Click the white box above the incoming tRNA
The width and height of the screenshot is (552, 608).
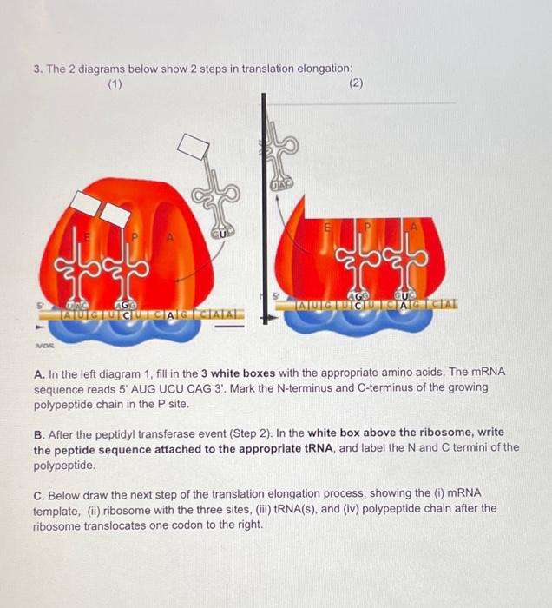195,148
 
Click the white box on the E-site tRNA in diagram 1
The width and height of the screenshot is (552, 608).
85,203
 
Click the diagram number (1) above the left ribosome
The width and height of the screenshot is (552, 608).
114,84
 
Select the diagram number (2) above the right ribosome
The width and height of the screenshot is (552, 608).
355,84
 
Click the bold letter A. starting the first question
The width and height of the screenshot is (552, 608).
37,372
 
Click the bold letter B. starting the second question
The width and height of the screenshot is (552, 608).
37,433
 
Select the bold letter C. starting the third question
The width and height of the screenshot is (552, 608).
38,493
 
